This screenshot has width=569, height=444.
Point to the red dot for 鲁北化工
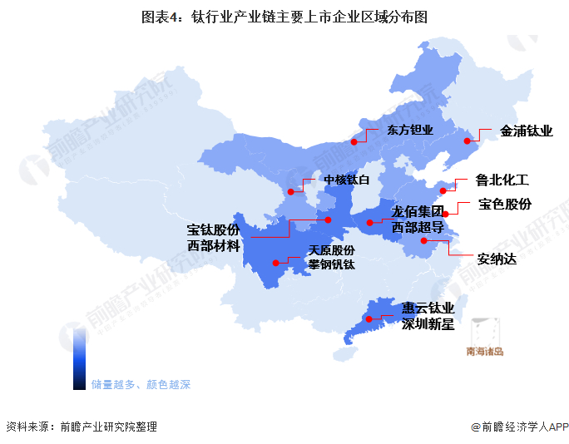click(443, 191)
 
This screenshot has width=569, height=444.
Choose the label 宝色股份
click(504, 204)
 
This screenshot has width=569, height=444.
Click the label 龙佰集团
click(419, 211)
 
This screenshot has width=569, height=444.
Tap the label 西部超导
click(419, 226)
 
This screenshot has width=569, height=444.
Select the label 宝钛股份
click(213, 229)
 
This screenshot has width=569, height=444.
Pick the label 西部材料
click(213, 245)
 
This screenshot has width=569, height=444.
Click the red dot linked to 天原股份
click(276, 262)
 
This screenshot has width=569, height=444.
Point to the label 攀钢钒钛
click(331, 264)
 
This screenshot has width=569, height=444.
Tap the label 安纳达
click(497, 259)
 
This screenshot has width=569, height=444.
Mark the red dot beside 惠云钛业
click(368, 318)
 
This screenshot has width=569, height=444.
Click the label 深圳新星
click(428, 324)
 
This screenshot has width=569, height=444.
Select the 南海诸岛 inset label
click(484, 351)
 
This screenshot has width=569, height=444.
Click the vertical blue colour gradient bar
click(79, 358)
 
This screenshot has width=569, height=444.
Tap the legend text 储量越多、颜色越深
click(141, 384)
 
